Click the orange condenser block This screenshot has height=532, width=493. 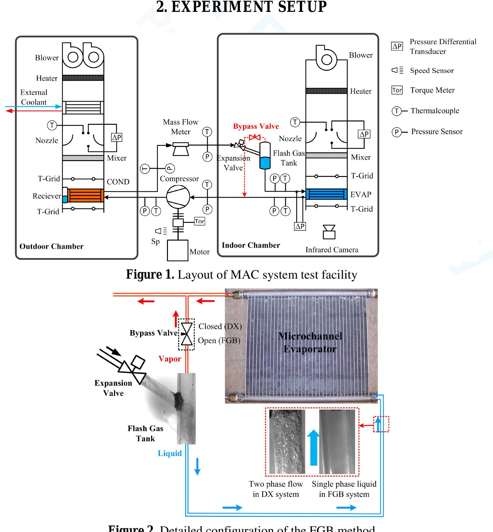coord(85,196)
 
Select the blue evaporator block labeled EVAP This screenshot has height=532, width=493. coord(326,194)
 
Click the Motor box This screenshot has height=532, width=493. coord(178,250)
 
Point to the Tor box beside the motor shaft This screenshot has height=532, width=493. coord(200,221)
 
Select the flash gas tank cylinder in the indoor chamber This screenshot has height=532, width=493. coord(265,156)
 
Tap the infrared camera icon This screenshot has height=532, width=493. coord(329,232)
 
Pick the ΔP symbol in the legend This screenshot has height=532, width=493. coord(397,46)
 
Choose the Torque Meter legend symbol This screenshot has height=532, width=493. coord(397,90)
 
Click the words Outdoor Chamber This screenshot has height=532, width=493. coord(51,246)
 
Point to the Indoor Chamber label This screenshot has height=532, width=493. coord(251,245)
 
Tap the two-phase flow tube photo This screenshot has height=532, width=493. coord(287,442)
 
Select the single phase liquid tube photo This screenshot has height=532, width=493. coord(337,442)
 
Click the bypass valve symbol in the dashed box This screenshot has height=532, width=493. coord(186,334)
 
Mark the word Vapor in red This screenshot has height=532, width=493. coord(170,359)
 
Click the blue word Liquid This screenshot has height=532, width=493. coord(170,453)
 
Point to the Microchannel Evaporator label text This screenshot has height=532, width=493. coord(310,343)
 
